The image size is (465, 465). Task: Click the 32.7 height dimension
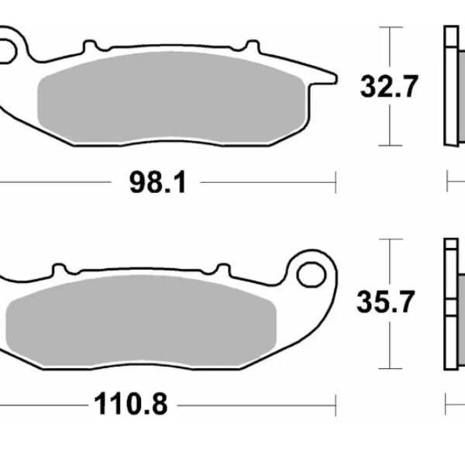pyautogui.click(x=389, y=86)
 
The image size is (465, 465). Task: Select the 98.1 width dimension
pyautogui.click(x=158, y=182)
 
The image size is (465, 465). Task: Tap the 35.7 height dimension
pyautogui.click(x=385, y=302)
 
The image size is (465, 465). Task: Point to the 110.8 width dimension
pyautogui.click(x=131, y=404)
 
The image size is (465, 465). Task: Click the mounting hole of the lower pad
pyautogui.click(x=312, y=275)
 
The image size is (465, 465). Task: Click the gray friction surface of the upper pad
pyautogui.click(x=172, y=98)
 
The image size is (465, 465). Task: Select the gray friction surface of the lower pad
pyautogui.click(x=141, y=321)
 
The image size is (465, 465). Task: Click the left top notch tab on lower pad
pyautogui.click(x=59, y=270)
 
